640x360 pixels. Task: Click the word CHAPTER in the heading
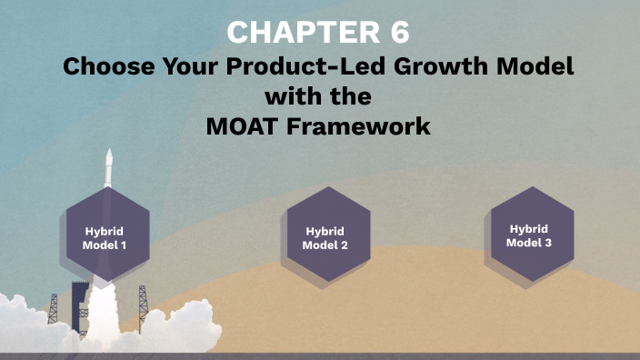tap(290, 33)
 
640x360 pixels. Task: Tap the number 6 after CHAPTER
tap(397, 33)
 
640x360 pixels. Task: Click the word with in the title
tap(319, 96)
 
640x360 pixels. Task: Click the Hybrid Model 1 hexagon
tap(107, 238)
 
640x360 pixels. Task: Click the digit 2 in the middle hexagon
tap(343, 245)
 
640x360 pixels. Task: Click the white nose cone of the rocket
tap(109, 162)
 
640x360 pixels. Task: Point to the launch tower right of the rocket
tap(142, 305)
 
